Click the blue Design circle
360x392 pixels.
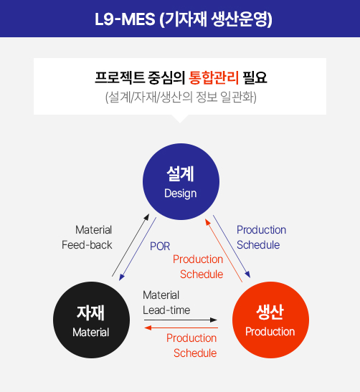(181, 181)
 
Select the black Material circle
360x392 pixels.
(91, 320)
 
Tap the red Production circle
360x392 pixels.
(270, 320)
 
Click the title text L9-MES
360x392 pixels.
(125, 19)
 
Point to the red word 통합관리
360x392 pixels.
(214, 77)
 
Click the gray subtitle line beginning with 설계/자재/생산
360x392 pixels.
(181, 97)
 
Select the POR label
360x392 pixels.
(160, 247)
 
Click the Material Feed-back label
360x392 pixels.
(87, 237)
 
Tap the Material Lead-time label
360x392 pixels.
(166, 302)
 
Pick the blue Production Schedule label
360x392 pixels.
(261, 237)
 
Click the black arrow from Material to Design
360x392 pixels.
(131, 245)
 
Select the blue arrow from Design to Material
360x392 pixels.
(138, 249)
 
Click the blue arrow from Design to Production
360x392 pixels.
(232, 247)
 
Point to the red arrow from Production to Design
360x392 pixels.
(224, 251)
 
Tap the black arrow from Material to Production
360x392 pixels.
(181, 320)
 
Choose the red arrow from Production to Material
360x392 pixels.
(181, 328)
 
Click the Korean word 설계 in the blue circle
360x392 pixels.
(181, 173)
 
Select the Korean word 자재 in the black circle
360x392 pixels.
(90, 312)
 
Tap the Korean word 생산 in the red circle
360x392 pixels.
(270, 312)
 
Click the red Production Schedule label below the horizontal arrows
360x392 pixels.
(191, 345)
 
